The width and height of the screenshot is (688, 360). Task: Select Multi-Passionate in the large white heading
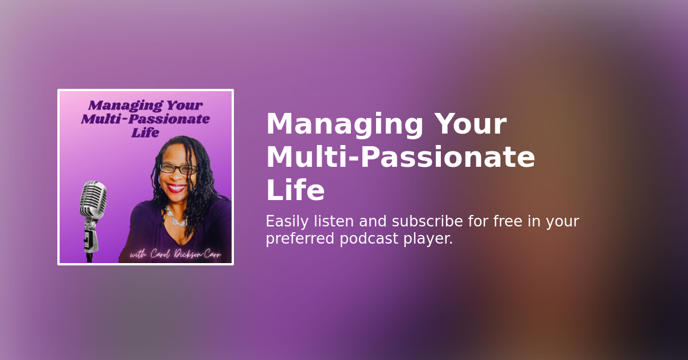(x=400, y=158)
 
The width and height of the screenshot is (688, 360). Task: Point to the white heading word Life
(x=295, y=191)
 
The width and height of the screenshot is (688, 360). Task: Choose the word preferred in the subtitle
(x=299, y=239)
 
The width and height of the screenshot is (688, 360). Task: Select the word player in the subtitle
(x=431, y=239)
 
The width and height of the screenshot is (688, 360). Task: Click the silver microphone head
(x=93, y=200)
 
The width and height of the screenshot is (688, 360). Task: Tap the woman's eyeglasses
(x=178, y=169)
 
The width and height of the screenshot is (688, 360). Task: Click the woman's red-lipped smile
(x=177, y=187)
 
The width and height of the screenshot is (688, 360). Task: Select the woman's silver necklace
(x=176, y=218)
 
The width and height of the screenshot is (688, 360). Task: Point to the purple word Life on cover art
(x=145, y=132)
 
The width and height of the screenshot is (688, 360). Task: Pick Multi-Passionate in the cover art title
(x=145, y=119)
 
